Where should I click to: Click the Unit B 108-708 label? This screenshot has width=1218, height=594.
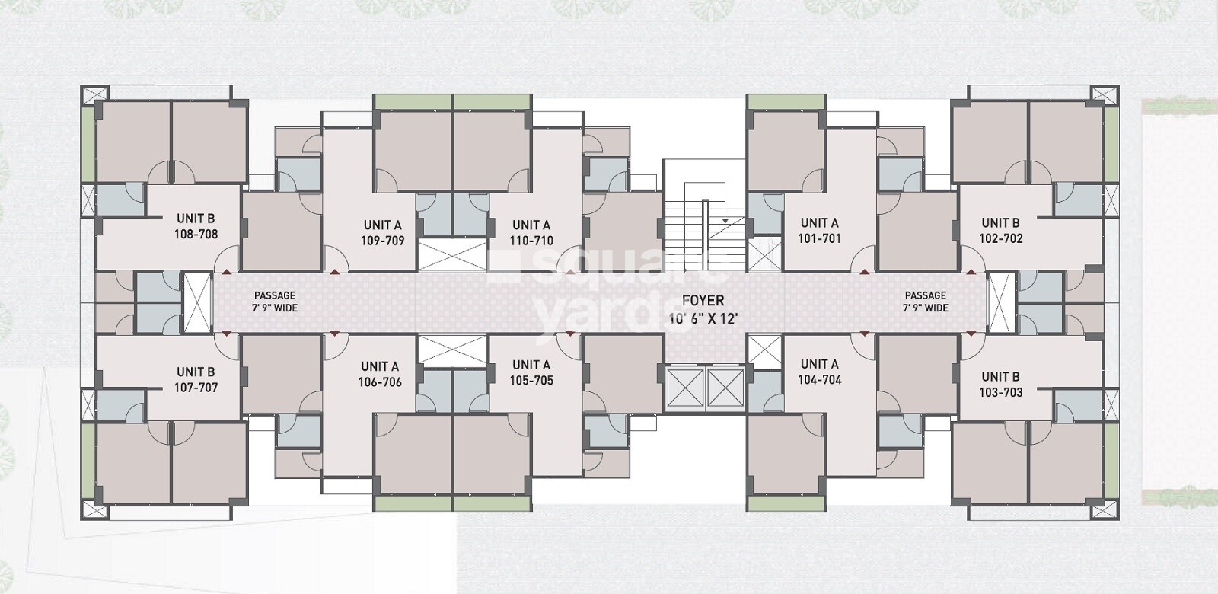pos(196,226)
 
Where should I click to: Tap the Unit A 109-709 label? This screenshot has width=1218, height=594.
pos(382,232)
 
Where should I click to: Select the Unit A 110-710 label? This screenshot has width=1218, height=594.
pos(531,232)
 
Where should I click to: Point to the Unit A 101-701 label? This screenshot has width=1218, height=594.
pos(819,230)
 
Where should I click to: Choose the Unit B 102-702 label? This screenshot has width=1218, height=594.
pos(1000,230)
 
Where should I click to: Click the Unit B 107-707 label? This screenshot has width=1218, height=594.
pos(196,379)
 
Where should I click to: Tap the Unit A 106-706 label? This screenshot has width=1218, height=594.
pos(380,374)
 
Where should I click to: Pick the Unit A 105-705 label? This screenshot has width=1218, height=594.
pos(531,372)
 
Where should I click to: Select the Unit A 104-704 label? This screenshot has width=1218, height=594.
pos(819,372)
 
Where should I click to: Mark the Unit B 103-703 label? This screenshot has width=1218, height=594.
pos(1000,384)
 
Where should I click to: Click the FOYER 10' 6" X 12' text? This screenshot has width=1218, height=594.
pos(703,309)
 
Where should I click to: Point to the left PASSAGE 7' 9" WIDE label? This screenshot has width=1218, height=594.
pos(275,302)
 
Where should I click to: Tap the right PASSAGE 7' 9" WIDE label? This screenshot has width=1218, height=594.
pos(926,302)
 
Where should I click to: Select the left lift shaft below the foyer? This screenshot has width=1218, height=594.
pos(685,388)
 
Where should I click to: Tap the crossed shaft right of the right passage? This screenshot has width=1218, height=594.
pos(1000,302)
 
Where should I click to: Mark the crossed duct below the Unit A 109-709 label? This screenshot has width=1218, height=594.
pos(452,254)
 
